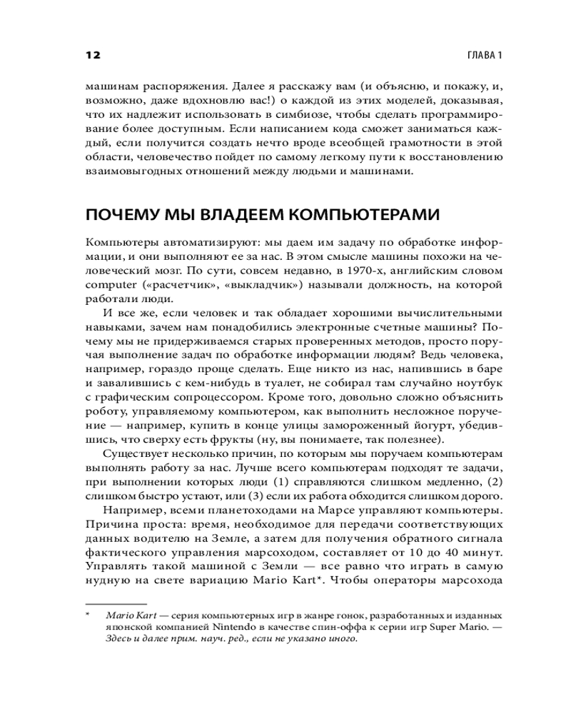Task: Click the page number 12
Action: tap(93, 56)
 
